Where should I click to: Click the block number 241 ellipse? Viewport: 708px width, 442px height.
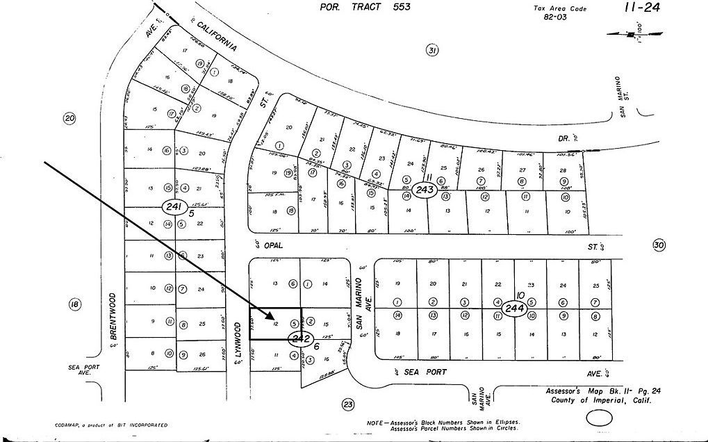tap(174, 206)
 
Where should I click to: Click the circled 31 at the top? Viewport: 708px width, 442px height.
tap(432, 50)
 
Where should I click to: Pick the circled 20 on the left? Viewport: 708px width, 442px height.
tap(69, 118)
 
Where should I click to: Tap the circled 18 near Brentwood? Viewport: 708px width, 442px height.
tap(75, 304)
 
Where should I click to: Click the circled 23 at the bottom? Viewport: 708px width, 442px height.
tap(348, 404)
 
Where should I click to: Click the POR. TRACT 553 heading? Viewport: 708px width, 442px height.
tap(365, 7)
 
